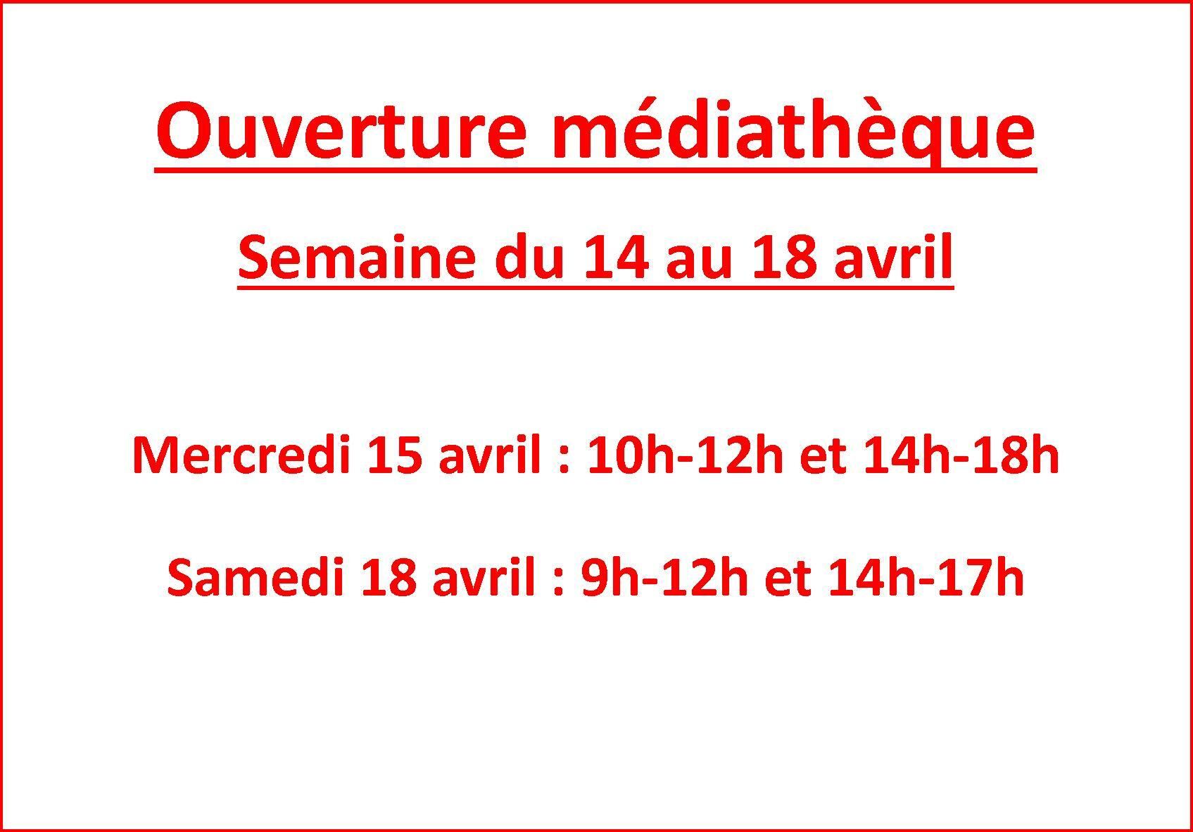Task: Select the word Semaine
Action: point(356,259)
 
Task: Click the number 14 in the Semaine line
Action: point(616,258)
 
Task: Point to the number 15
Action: point(400,455)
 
